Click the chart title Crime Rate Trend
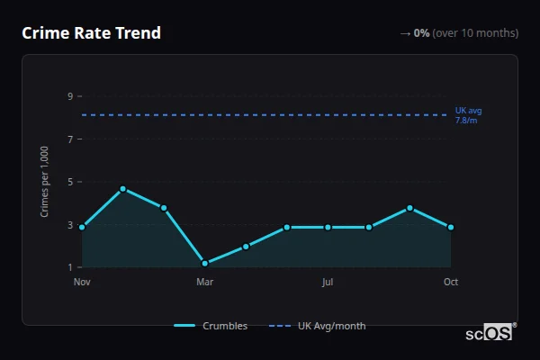coord(91,33)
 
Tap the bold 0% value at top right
coord(421,33)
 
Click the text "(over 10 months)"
coord(475,33)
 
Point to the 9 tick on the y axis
coord(69,96)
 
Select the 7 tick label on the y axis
coord(69,139)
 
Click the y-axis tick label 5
coord(69,182)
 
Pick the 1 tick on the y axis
coord(69,267)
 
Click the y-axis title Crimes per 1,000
coord(45,181)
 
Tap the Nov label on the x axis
coord(82,282)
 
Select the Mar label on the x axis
coord(205,282)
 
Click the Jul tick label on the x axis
coord(328,282)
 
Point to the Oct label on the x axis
coord(451,282)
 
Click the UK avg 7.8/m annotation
coord(468,115)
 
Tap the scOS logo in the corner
coord(489,333)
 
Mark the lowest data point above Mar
coord(205,263)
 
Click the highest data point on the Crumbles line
coord(122,189)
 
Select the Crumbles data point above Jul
coord(328,227)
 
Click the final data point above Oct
coord(451,227)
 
